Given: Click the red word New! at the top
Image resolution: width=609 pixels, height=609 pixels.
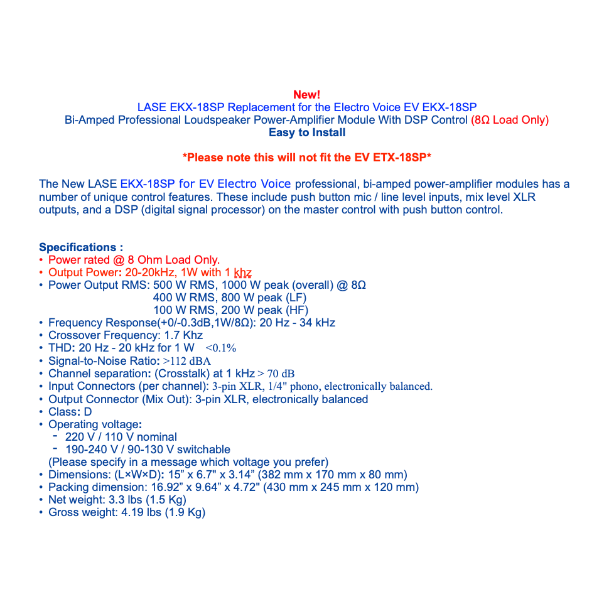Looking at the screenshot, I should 306,95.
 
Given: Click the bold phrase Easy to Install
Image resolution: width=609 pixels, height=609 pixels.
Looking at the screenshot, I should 307,132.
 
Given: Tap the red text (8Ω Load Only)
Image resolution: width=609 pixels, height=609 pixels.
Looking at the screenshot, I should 510,120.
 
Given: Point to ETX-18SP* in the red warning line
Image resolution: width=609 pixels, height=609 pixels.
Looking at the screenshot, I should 399,158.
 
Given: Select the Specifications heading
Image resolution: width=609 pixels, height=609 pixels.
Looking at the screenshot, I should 81,247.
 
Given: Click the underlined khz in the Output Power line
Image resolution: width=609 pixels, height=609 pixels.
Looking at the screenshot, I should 243,272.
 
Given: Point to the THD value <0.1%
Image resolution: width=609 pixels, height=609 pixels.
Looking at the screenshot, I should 221,348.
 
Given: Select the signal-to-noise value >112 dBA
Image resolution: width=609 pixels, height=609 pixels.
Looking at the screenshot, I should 187,361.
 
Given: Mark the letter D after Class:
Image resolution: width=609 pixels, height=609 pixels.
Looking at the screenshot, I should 88,412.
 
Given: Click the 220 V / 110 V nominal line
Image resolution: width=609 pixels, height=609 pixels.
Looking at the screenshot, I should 121,437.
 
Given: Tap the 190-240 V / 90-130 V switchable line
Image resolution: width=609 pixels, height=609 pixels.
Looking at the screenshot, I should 148,450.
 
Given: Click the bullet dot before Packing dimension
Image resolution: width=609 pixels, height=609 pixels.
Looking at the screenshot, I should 41,487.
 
